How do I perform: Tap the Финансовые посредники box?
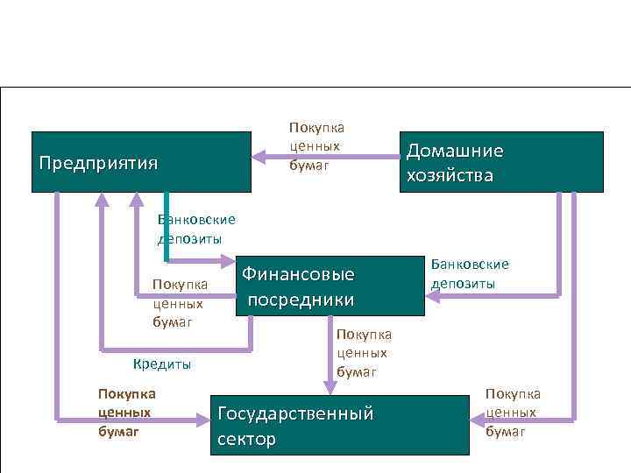point(330,286)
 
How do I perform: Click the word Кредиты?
point(161,364)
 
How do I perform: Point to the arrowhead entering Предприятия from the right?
point(259,157)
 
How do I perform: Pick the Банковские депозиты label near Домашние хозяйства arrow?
point(470,273)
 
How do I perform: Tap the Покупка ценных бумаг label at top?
point(315,145)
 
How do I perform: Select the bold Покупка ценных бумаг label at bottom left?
point(127,412)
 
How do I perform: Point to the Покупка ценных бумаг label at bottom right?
point(513,412)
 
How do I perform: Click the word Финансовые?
point(298,274)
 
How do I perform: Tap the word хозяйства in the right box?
point(450,175)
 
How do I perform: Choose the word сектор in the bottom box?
point(246,438)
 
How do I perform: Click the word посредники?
point(301,300)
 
